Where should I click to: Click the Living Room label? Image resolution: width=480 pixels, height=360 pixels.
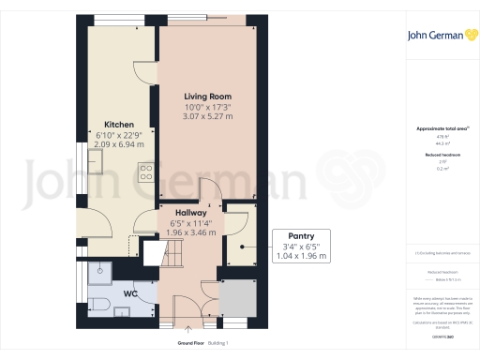click(206, 97)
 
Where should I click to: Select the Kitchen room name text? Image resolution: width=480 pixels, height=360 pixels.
click(118, 125)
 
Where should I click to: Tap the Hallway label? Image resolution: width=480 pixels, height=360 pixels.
click(190, 213)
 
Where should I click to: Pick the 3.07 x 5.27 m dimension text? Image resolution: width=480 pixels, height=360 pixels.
click(206, 116)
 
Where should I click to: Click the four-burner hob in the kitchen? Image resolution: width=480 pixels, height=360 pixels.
click(146, 172)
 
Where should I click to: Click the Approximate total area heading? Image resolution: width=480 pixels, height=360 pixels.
click(437, 128)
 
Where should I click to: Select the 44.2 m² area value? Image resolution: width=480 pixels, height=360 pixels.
click(437, 143)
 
